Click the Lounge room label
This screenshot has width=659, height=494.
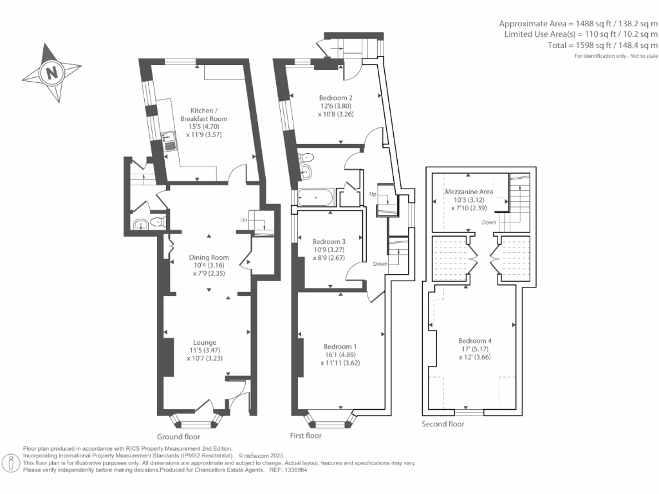click(205, 342)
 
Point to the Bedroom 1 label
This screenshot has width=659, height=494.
click(340, 347)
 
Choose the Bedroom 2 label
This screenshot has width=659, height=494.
click(335, 98)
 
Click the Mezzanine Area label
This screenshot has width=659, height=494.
click(469, 192)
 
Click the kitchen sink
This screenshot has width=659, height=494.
click(169, 140)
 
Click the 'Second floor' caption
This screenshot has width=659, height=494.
click(443, 424)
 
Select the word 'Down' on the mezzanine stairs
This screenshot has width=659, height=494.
click(488, 222)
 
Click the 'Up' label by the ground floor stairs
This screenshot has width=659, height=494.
click(243, 219)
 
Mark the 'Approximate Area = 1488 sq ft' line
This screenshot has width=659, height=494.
click(578, 23)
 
